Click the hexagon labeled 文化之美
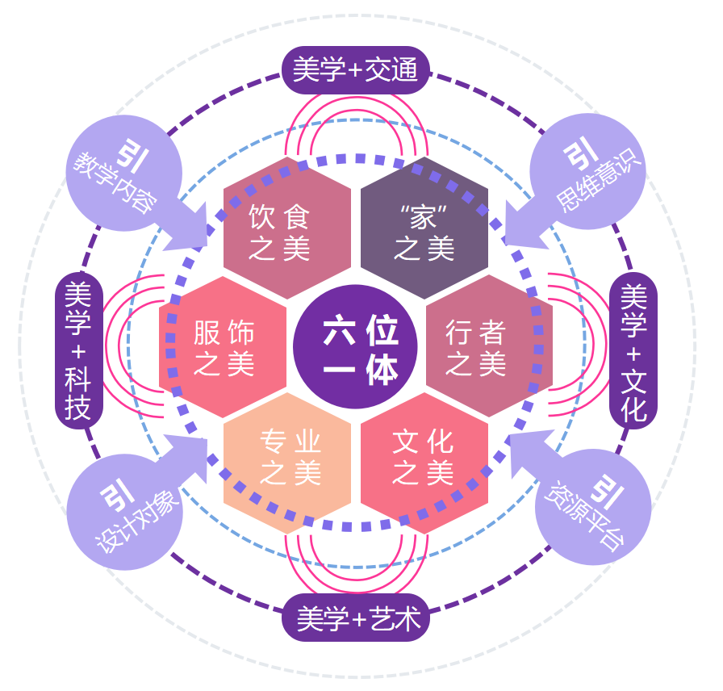click(424, 461)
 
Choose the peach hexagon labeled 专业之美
click(286, 461)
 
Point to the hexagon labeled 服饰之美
click(223, 347)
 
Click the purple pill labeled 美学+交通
click(356, 70)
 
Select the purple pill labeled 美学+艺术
click(356, 620)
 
